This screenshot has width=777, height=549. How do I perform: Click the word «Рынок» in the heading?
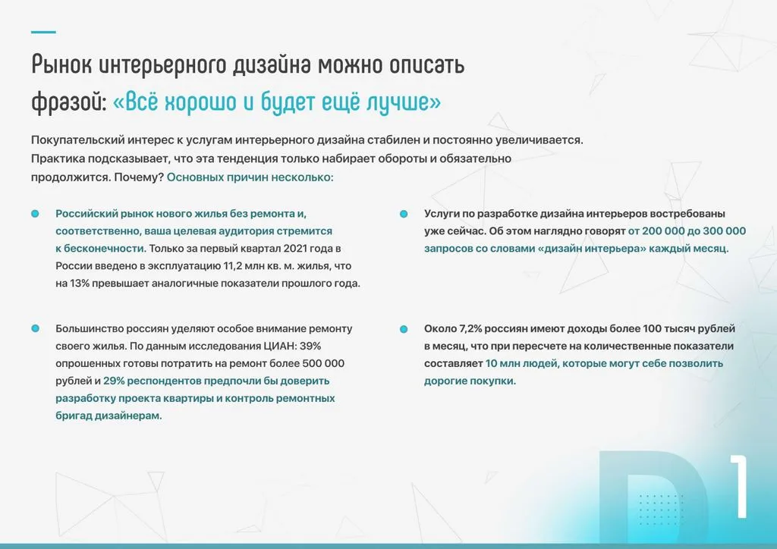click(x=61, y=65)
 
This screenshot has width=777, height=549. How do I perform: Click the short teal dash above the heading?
click(x=43, y=32)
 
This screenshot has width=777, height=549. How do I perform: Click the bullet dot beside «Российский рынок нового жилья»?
click(x=35, y=214)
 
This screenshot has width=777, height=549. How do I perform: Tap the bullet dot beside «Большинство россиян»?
click(x=35, y=328)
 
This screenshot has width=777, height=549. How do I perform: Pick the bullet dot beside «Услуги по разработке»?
click(x=404, y=214)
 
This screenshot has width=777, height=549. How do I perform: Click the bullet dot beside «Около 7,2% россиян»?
click(x=404, y=328)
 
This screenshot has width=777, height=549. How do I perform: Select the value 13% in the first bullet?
click(x=79, y=284)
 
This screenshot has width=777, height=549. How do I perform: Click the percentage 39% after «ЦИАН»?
click(x=310, y=346)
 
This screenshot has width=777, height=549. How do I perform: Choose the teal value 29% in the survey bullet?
click(x=114, y=381)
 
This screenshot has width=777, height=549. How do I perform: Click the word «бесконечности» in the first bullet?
click(x=105, y=249)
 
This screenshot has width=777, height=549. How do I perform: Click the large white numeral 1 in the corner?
click(x=740, y=487)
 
